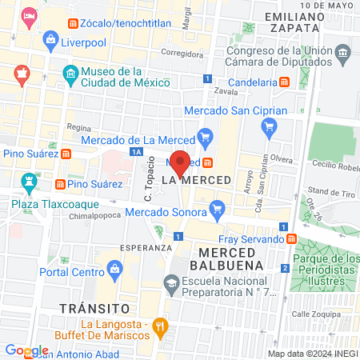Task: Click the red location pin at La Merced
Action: pyautogui.click(x=181, y=162)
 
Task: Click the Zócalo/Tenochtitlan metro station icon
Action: pyautogui.click(x=74, y=24)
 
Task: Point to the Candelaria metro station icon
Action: pyautogui.click(x=283, y=82)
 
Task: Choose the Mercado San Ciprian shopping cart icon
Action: pyautogui.click(x=270, y=126)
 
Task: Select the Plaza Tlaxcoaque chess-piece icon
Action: pyautogui.click(x=30, y=182)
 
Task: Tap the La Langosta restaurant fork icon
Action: pyautogui.click(x=160, y=326)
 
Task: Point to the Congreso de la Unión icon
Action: pyautogui.click(x=343, y=55)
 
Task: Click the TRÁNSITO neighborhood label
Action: pyautogui.click(x=94, y=307)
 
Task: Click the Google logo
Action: pyautogui.click(x=26, y=350)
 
